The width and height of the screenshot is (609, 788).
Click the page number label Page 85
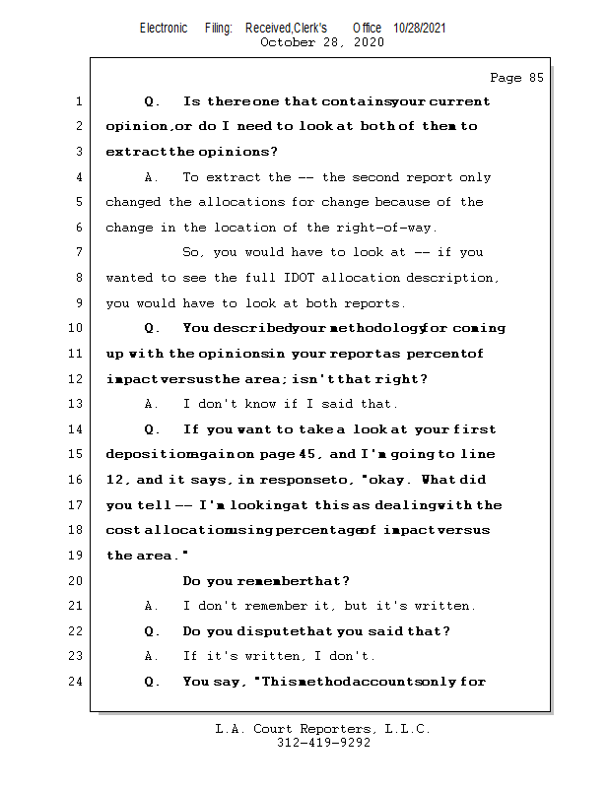(x=516, y=78)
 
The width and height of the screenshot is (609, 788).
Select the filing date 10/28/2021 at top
(x=419, y=28)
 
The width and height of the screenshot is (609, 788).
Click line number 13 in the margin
(x=78, y=404)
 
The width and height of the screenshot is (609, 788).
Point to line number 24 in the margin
(x=78, y=681)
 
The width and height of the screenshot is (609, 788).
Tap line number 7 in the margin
(x=78, y=252)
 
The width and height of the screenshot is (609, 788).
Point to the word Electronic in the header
(x=164, y=28)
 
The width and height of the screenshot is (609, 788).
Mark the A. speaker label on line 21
(x=152, y=606)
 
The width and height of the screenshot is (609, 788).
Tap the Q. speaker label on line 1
(x=152, y=101)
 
